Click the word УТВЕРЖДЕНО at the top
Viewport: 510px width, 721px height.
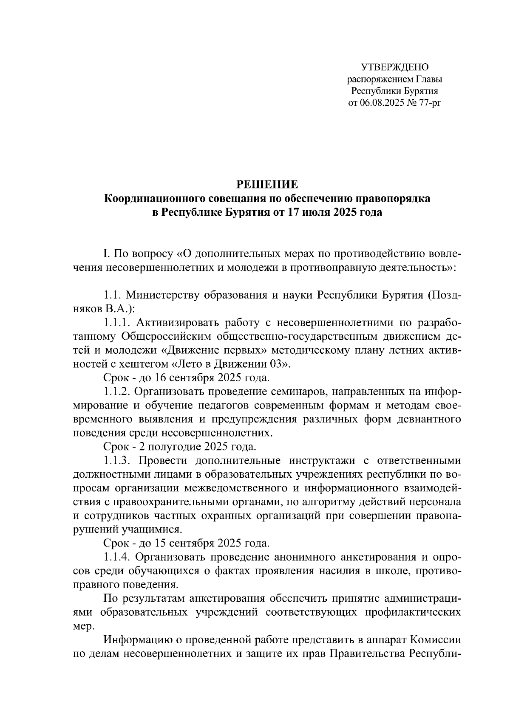[394, 67]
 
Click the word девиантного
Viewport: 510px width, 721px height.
[428, 420]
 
